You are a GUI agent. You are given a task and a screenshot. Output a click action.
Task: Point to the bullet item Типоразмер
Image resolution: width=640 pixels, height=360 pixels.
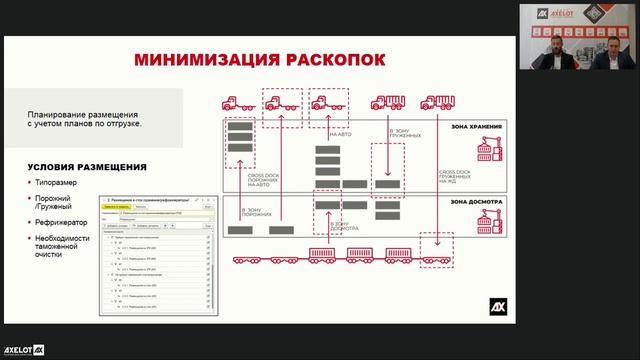click(56, 185)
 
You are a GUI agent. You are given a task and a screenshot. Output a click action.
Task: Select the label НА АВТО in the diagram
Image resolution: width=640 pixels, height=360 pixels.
click(340, 132)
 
